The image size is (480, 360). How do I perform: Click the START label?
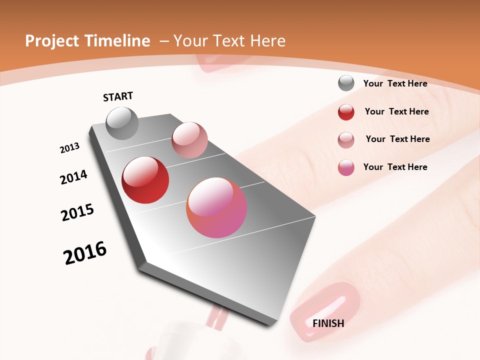click(118, 96)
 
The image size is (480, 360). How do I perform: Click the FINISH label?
click(328, 323)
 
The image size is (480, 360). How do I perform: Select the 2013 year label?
click(70, 148)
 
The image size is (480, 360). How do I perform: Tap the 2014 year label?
click(73, 177)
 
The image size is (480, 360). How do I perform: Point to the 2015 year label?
click(77, 212)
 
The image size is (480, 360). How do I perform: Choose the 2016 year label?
click(85, 253)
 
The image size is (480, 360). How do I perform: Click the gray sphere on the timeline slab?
click(122, 123)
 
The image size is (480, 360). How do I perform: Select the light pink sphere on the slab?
click(189, 140)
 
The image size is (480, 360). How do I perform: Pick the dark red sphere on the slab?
click(145, 180)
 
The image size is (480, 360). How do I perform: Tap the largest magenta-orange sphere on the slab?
click(216, 207)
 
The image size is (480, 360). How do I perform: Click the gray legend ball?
click(346, 83)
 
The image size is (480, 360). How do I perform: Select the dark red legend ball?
click(346, 112)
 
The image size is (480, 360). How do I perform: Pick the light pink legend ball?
click(346, 140)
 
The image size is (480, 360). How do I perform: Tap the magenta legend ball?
click(346, 168)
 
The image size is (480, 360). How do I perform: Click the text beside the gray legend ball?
click(395, 83)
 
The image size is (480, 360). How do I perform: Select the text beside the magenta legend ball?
click(395, 167)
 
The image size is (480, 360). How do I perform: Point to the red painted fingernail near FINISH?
click(325, 305)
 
